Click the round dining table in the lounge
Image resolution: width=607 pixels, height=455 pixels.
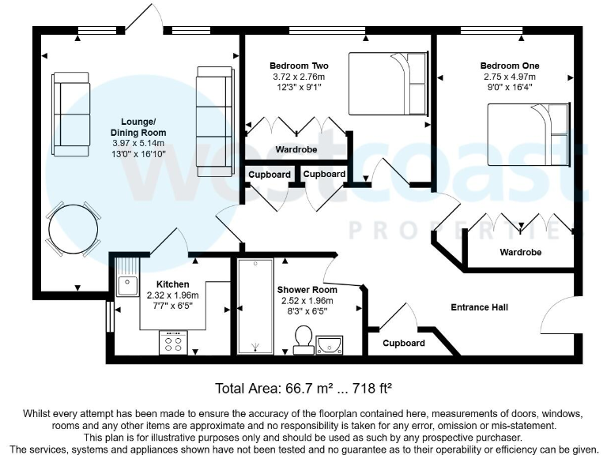tap(74, 229)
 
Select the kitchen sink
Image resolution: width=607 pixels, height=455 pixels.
tap(126, 284)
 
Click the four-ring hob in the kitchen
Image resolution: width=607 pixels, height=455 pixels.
tap(173, 341)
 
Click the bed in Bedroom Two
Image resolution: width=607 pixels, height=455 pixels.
tap(389, 83)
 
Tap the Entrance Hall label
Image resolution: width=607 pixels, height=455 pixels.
tap(479, 307)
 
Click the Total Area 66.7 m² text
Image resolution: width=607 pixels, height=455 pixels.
tap(303, 389)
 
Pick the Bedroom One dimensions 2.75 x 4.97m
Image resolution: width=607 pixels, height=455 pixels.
tap(510, 77)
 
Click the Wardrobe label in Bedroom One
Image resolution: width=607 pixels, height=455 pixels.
tap(521, 253)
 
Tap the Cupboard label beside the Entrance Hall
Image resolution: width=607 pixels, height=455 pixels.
tap(404, 343)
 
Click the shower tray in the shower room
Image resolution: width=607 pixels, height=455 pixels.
tap(254, 306)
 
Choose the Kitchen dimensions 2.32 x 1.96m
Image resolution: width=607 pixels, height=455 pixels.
tap(172, 295)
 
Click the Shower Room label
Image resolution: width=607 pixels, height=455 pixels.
tap(307, 290)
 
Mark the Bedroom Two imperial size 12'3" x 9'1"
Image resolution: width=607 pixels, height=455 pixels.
tap(298, 88)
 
